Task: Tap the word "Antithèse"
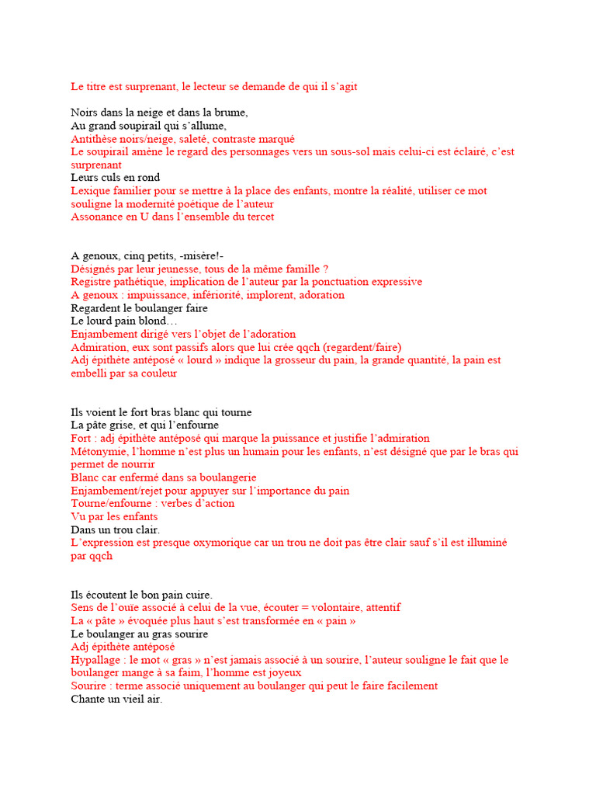coord(94,138)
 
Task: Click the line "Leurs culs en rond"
coord(115,178)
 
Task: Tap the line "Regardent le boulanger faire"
coord(140,308)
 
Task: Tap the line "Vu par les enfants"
coord(114,517)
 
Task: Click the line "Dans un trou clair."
coord(115,529)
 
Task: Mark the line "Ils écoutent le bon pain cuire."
coord(141,595)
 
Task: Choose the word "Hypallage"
coord(95,660)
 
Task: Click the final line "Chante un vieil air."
coord(116,699)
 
